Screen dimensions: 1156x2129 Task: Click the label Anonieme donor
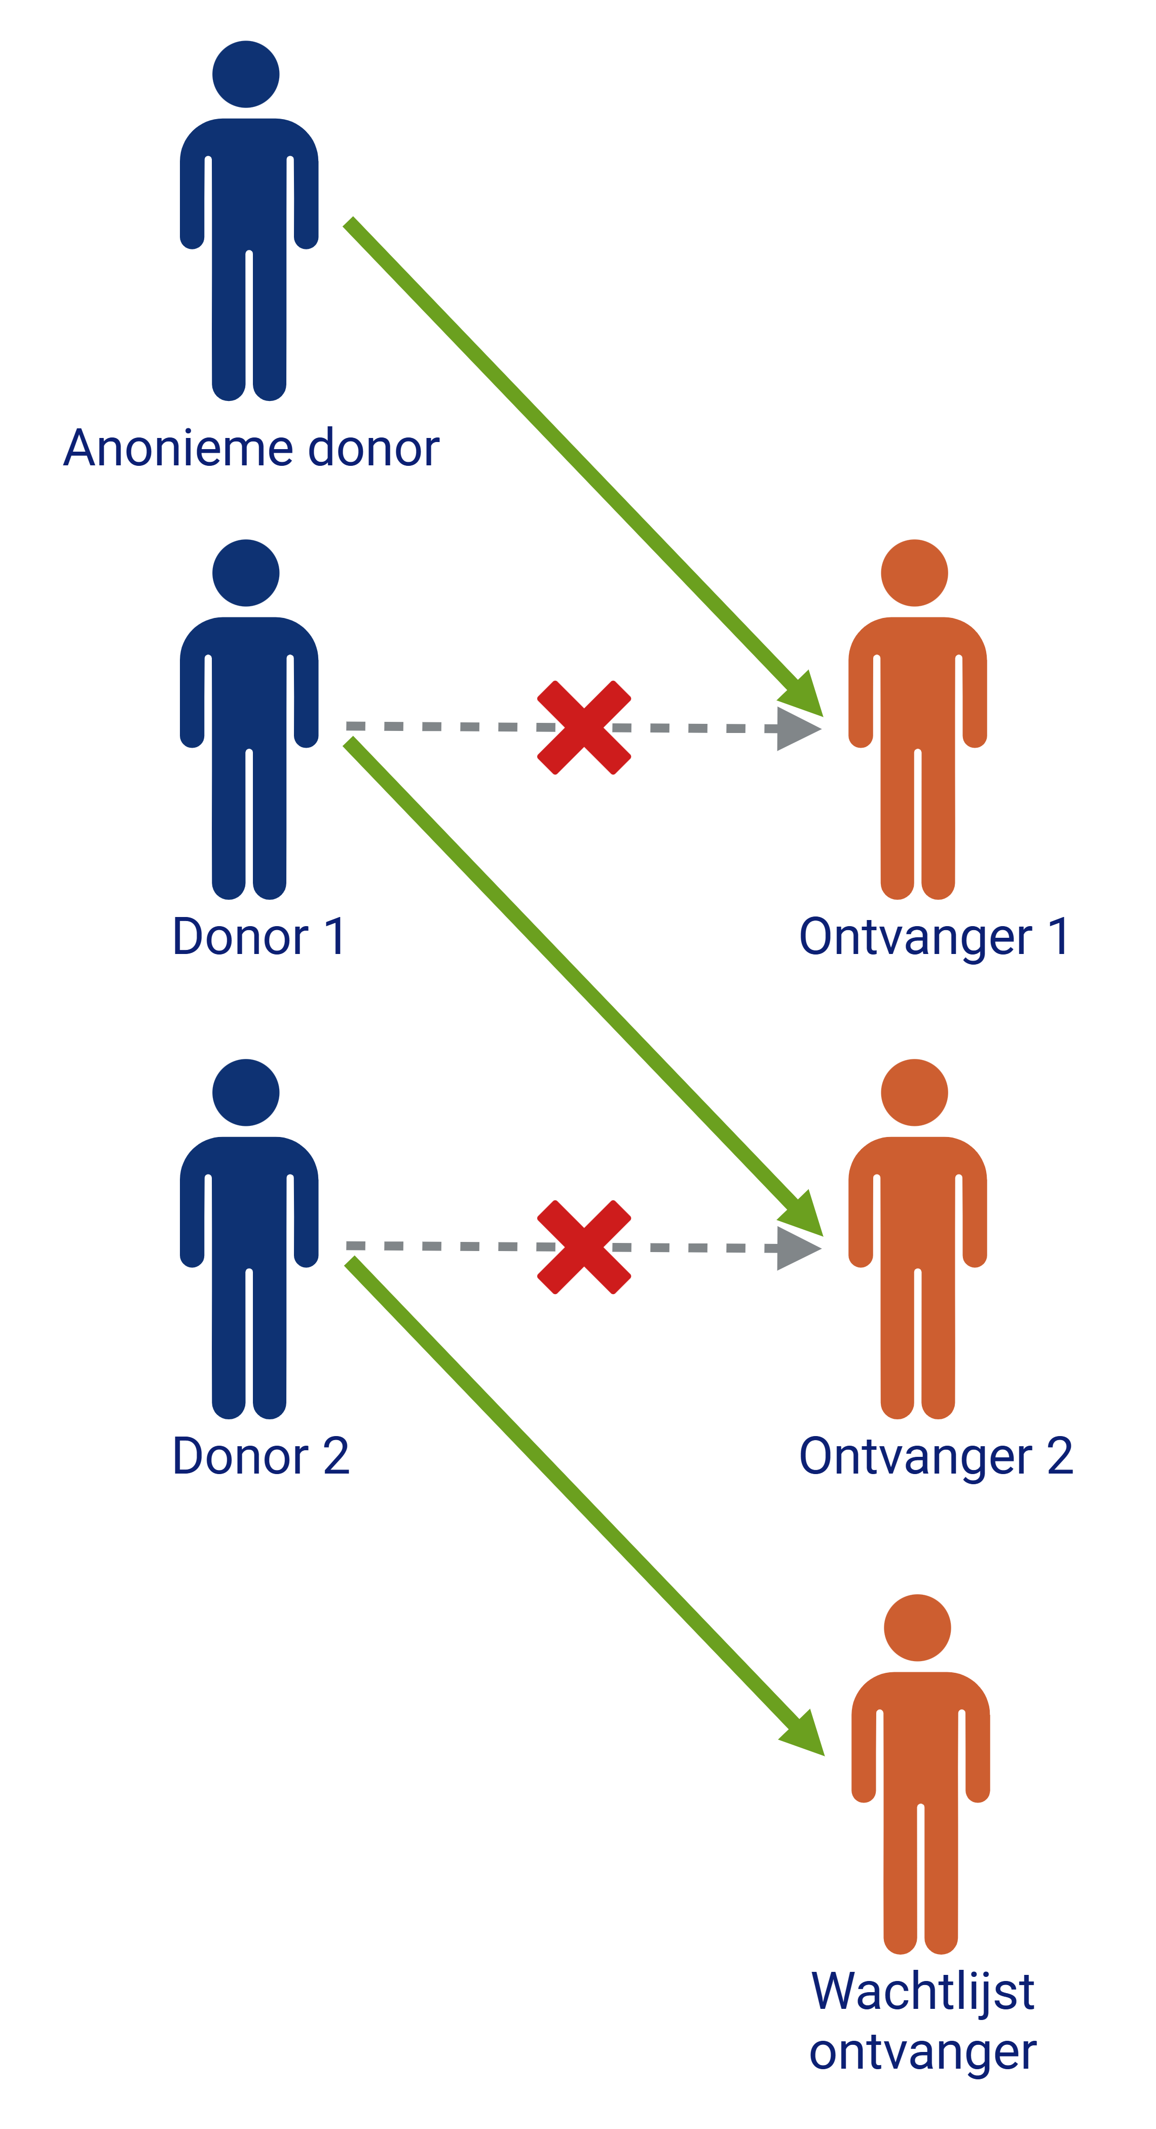click(x=251, y=448)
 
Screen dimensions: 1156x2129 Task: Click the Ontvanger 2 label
click(x=936, y=1457)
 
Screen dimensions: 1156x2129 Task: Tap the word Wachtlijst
click(x=923, y=1991)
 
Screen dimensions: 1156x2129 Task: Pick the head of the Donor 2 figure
click(x=245, y=1092)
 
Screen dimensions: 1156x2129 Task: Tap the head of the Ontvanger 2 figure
click(x=914, y=1092)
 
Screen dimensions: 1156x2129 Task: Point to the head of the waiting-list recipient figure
click(x=917, y=1628)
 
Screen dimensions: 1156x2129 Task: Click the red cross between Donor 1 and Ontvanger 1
click(x=584, y=727)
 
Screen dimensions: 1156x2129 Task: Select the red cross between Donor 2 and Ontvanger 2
click(x=584, y=1247)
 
